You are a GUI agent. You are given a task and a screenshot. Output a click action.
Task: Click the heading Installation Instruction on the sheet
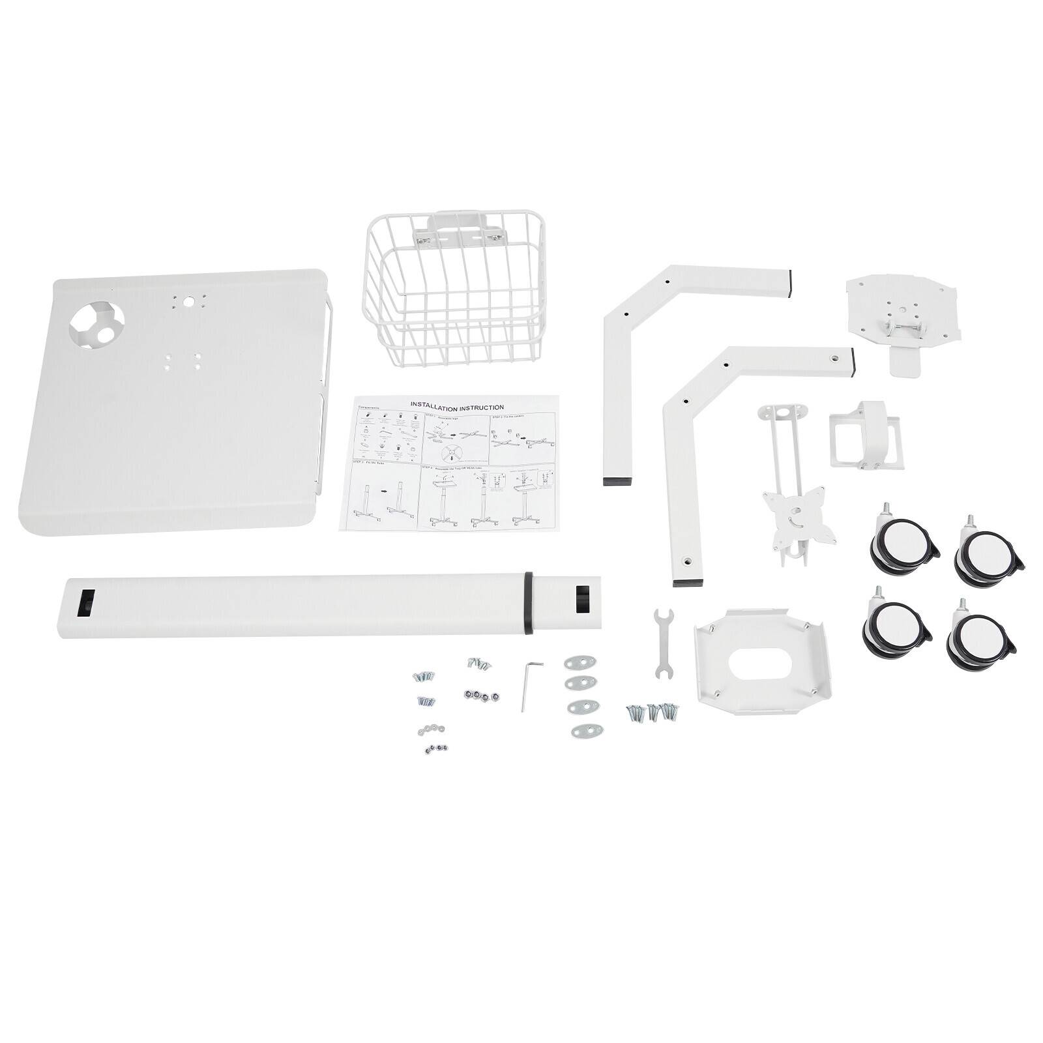pos(456,406)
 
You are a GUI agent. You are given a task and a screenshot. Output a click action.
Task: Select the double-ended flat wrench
pos(662,643)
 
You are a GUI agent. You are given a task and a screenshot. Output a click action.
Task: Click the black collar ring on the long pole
pos(527,602)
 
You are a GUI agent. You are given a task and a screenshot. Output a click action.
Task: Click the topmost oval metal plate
pos(581,662)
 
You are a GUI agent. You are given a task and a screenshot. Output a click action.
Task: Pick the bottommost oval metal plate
pos(587,730)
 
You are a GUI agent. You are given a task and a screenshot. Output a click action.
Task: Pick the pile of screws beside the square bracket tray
pos(653,711)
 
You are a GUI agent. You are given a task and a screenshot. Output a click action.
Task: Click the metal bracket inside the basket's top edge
pos(456,236)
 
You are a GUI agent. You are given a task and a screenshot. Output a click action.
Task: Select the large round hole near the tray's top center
pos(189,302)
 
